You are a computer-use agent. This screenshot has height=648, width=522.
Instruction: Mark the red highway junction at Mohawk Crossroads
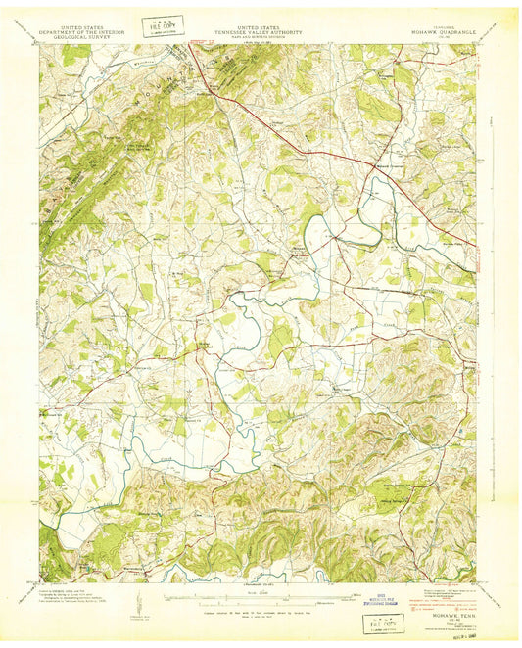coord(373,163)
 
